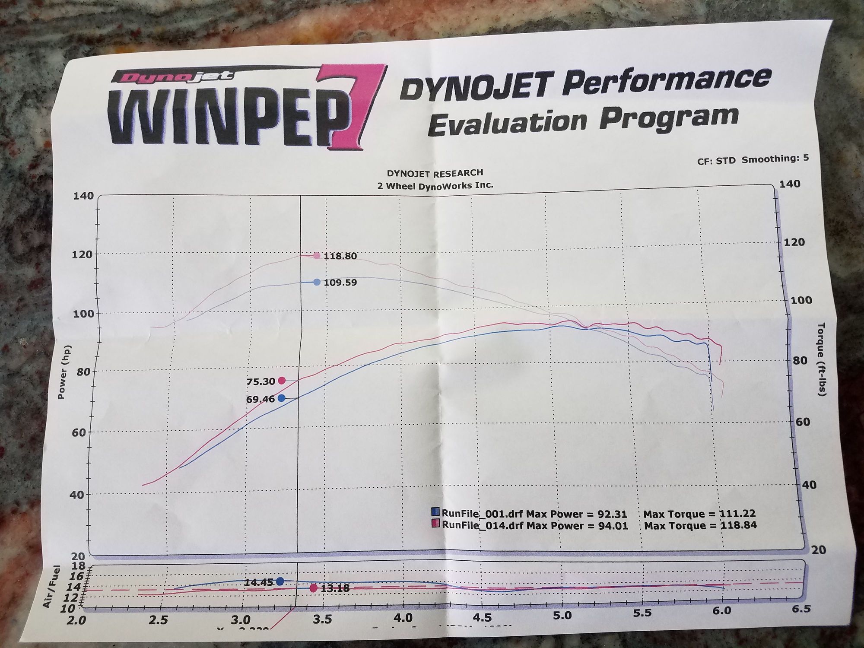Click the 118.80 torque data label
tap(340, 256)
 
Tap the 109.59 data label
tap(340, 283)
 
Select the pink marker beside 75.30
tap(282, 381)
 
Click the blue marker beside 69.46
tap(281, 398)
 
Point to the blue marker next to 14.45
tap(280, 581)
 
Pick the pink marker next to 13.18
tap(314, 588)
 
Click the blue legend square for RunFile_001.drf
tap(435, 512)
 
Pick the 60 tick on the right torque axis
tap(802, 422)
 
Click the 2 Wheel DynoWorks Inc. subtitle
tap(435, 185)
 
